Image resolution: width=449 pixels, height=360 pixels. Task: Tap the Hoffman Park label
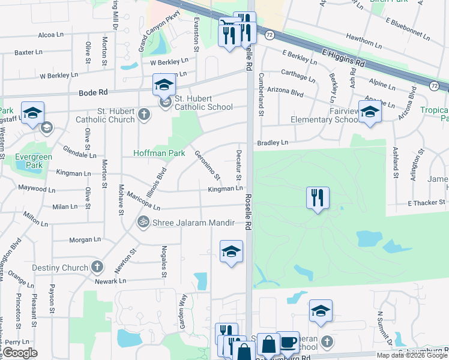[159, 153]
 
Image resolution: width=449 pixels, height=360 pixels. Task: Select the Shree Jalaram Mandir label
[189, 223]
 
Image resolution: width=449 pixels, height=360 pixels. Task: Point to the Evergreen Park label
[34, 161]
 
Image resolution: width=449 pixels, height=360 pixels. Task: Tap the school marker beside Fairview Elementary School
[369, 112]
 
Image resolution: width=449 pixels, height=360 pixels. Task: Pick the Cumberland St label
[261, 95]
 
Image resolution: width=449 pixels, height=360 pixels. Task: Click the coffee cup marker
[288, 342]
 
